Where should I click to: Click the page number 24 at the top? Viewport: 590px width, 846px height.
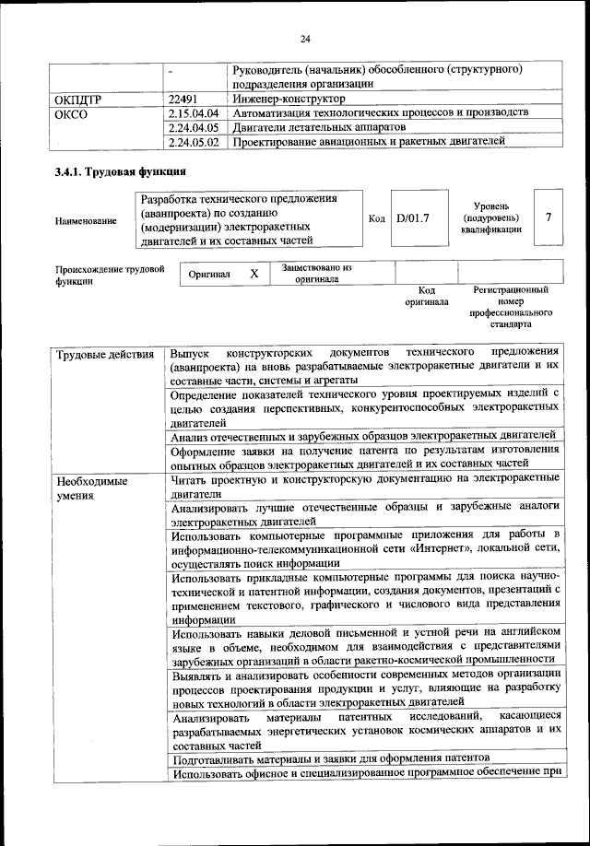coord(305,38)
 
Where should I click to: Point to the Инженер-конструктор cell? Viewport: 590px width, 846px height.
coord(289,98)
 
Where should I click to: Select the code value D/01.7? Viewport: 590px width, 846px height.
coord(414,219)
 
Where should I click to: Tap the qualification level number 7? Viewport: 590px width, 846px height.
coord(549,218)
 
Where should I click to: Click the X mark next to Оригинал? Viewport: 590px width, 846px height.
coord(254,275)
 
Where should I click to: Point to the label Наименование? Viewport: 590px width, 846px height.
coord(86,221)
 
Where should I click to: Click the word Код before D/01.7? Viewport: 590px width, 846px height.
coord(376,219)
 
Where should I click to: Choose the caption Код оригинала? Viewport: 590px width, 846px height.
coord(426,296)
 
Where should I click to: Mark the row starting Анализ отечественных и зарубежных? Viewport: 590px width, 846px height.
coord(362,435)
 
